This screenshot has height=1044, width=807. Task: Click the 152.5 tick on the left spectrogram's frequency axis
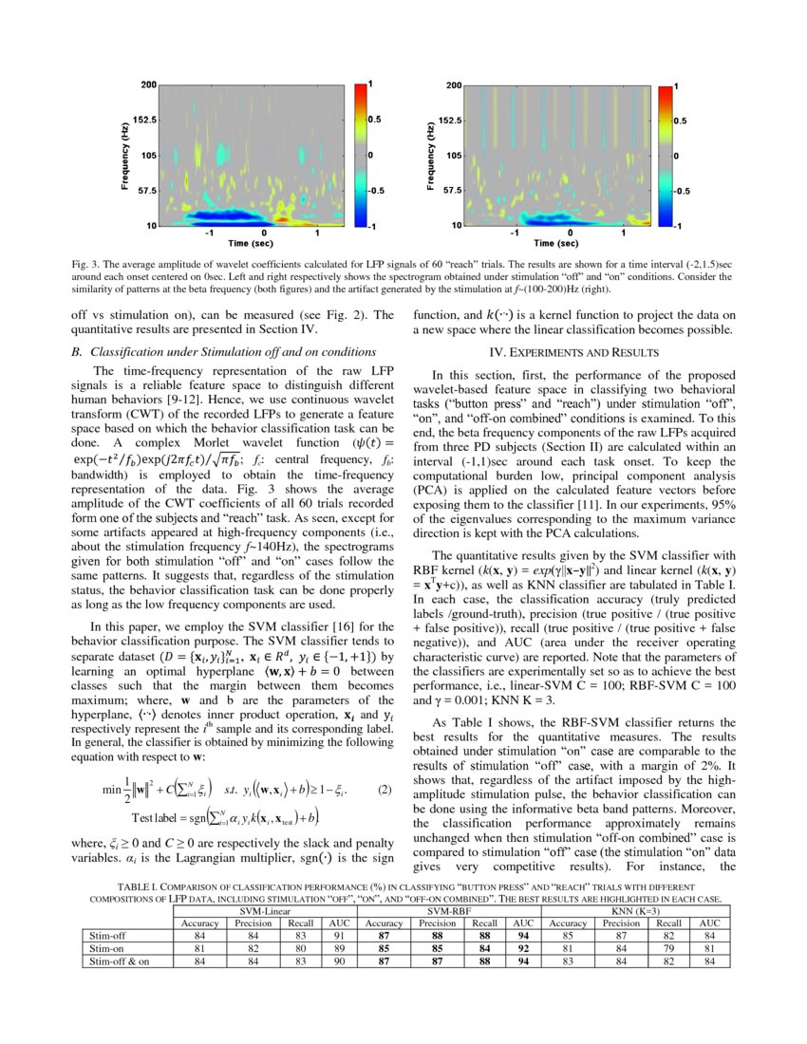(144, 121)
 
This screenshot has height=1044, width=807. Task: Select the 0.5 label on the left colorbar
(374, 121)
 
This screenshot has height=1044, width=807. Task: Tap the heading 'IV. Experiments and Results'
(573, 353)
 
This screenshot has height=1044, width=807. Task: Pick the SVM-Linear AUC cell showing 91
(339, 935)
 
